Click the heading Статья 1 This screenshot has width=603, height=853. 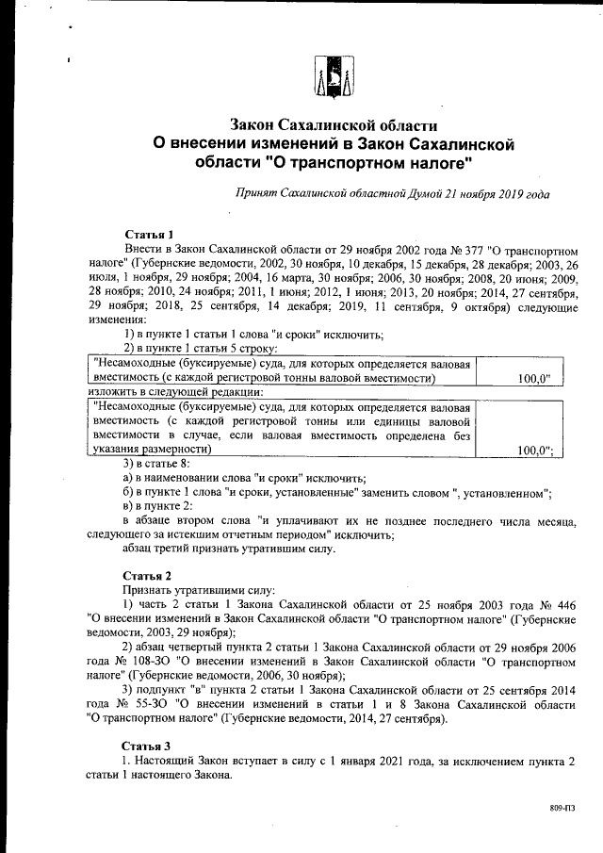click(149, 233)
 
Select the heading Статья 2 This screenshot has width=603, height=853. click(149, 575)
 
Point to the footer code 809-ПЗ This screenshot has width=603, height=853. click(563, 809)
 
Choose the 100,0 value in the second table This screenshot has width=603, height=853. click(534, 451)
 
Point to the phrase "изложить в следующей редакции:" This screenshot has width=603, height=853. click(174, 391)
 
